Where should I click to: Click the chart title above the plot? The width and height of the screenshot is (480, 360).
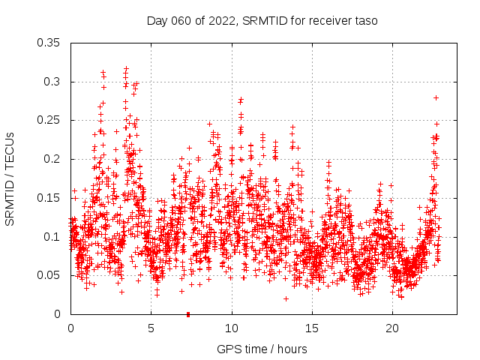(262, 21)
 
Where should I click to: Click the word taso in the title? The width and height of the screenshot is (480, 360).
(365, 21)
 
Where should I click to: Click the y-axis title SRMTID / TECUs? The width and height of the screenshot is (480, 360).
(10, 178)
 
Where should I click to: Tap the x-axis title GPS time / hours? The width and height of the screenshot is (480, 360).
(262, 349)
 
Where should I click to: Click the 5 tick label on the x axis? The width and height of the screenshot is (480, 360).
(151, 328)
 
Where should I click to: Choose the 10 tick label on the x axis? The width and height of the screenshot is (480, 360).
(232, 328)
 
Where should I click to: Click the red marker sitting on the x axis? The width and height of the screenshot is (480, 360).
(188, 313)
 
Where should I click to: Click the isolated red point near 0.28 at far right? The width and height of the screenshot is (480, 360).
(436, 97)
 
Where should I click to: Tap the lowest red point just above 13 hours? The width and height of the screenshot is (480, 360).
(286, 298)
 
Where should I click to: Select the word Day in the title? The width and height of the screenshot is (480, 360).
(157, 21)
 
